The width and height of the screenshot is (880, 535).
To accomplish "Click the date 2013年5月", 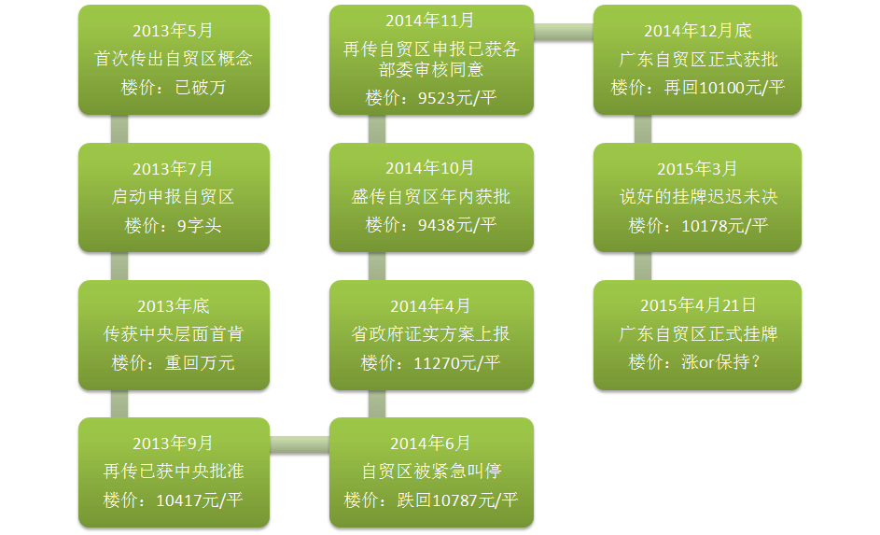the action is click(x=173, y=30).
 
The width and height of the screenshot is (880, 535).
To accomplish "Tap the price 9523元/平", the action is click(x=457, y=98).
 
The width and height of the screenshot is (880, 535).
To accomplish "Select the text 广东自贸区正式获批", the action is click(x=698, y=59).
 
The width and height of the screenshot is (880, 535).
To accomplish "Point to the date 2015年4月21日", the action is click(x=698, y=304).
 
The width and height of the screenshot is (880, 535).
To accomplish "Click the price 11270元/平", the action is click(x=457, y=362).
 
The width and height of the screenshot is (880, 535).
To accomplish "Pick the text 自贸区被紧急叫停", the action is click(x=431, y=471).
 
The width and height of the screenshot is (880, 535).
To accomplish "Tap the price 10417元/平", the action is click(x=199, y=500).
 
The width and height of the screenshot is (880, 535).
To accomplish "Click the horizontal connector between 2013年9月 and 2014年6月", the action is click(x=300, y=444).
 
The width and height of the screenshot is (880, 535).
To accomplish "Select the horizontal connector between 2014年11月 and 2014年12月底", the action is click(x=564, y=32).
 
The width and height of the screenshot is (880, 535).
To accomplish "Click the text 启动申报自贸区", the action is click(x=173, y=196).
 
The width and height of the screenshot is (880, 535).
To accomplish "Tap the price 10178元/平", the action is click(x=724, y=226).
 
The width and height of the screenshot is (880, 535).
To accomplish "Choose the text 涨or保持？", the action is click(x=720, y=361).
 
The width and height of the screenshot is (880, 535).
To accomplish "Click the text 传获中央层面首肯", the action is click(x=174, y=333).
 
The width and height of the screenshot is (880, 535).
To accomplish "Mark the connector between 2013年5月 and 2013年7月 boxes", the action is click(x=119, y=129).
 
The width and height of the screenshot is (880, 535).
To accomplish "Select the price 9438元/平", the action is click(x=457, y=225).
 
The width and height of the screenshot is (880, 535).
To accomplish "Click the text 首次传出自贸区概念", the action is click(x=173, y=58).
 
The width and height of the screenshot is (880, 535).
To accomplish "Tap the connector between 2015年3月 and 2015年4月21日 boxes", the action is click(x=643, y=266).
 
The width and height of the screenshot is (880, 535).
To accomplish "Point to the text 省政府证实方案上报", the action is click(x=430, y=333).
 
